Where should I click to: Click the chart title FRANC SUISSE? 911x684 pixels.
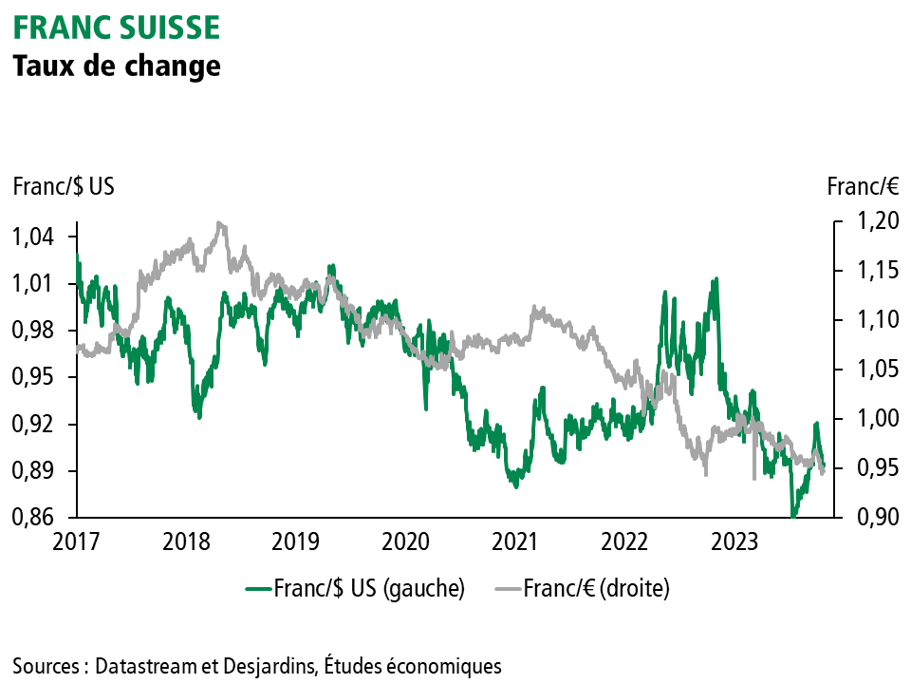tap(116, 28)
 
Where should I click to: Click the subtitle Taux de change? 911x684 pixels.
tap(116, 66)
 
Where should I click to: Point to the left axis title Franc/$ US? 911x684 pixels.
tap(64, 186)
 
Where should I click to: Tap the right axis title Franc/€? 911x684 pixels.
tap(864, 186)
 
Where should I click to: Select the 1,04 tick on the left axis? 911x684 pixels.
tap(34, 237)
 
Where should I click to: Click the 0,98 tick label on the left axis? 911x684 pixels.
tap(34, 331)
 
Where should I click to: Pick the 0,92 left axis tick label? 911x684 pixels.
tap(34, 424)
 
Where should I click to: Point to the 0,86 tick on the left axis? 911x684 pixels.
tap(34, 518)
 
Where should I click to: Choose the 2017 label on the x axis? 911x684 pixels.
tap(77, 542)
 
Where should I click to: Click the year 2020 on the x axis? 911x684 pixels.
tap(405, 542)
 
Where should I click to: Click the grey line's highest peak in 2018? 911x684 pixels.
tap(220, 223)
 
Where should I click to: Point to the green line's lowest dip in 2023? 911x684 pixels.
tap(793, 516)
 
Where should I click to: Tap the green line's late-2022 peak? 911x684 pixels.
tap(716, 279)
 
